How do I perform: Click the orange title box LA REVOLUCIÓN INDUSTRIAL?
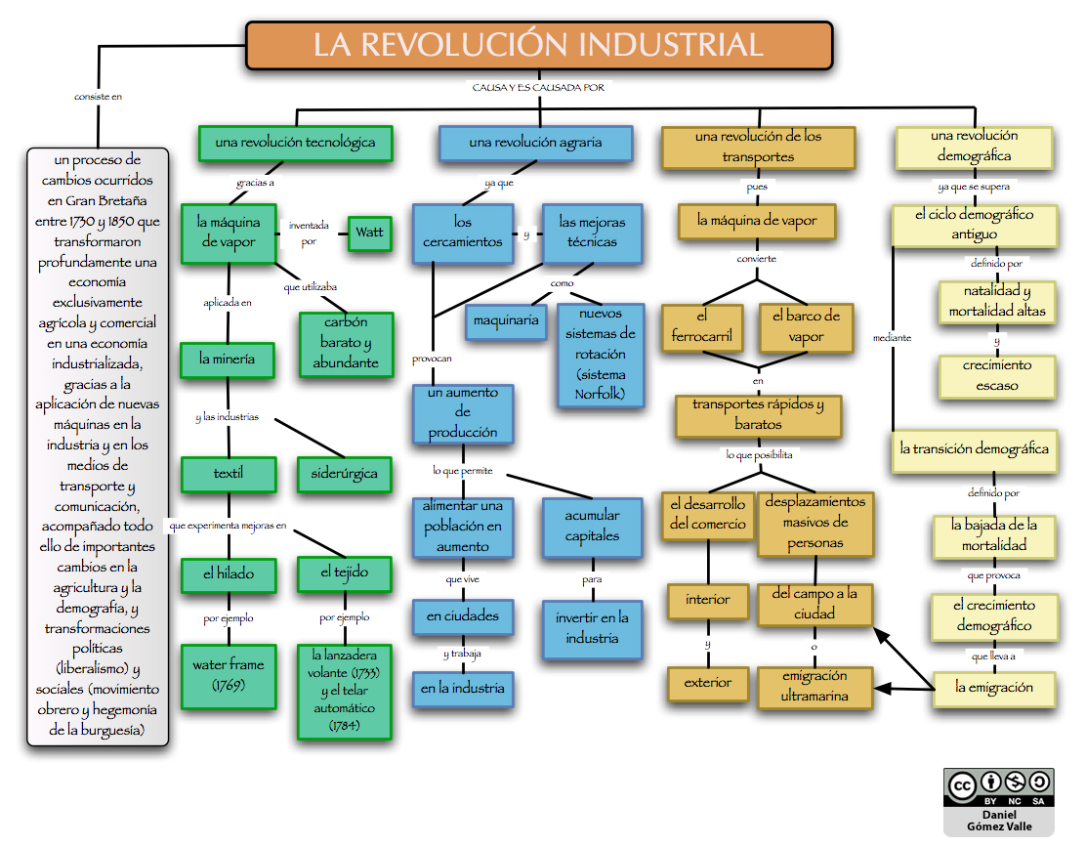(x=538, y=46)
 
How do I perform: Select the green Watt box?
(x=369, y=233)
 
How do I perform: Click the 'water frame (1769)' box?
(x=228, y=675)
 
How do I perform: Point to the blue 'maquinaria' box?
(x=505, y=320)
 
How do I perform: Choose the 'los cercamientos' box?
(x=462, y=233)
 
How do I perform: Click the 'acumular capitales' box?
(x=592, y=525)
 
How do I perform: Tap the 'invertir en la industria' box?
(x=592, y=628)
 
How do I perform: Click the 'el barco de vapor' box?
(x=805, y=327)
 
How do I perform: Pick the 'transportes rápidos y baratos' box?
(x=758, y=414)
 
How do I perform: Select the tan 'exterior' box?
(x=707, y=683)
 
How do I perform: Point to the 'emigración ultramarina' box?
(x=814, y=687)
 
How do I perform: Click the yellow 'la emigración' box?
(x=993, y=688)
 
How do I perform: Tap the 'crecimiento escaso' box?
(x=996, y=376)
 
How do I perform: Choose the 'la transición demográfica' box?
(x=974, y=449)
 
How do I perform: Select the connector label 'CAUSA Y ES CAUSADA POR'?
(x=538, y=87)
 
